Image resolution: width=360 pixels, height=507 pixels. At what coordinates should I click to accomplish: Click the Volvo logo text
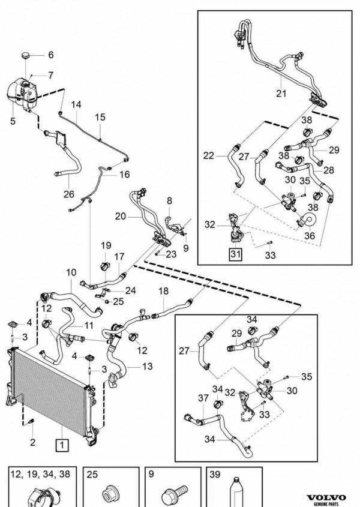[327, 499]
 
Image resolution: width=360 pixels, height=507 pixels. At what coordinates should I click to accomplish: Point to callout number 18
[163, 290]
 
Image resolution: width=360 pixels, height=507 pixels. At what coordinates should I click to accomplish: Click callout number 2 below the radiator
[32, 443]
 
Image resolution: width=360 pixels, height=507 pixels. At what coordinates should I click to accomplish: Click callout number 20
[119, 216]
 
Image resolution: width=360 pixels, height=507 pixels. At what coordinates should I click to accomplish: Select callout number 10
[71, 272]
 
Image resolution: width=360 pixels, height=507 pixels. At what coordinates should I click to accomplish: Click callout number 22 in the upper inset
[209, 155]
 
